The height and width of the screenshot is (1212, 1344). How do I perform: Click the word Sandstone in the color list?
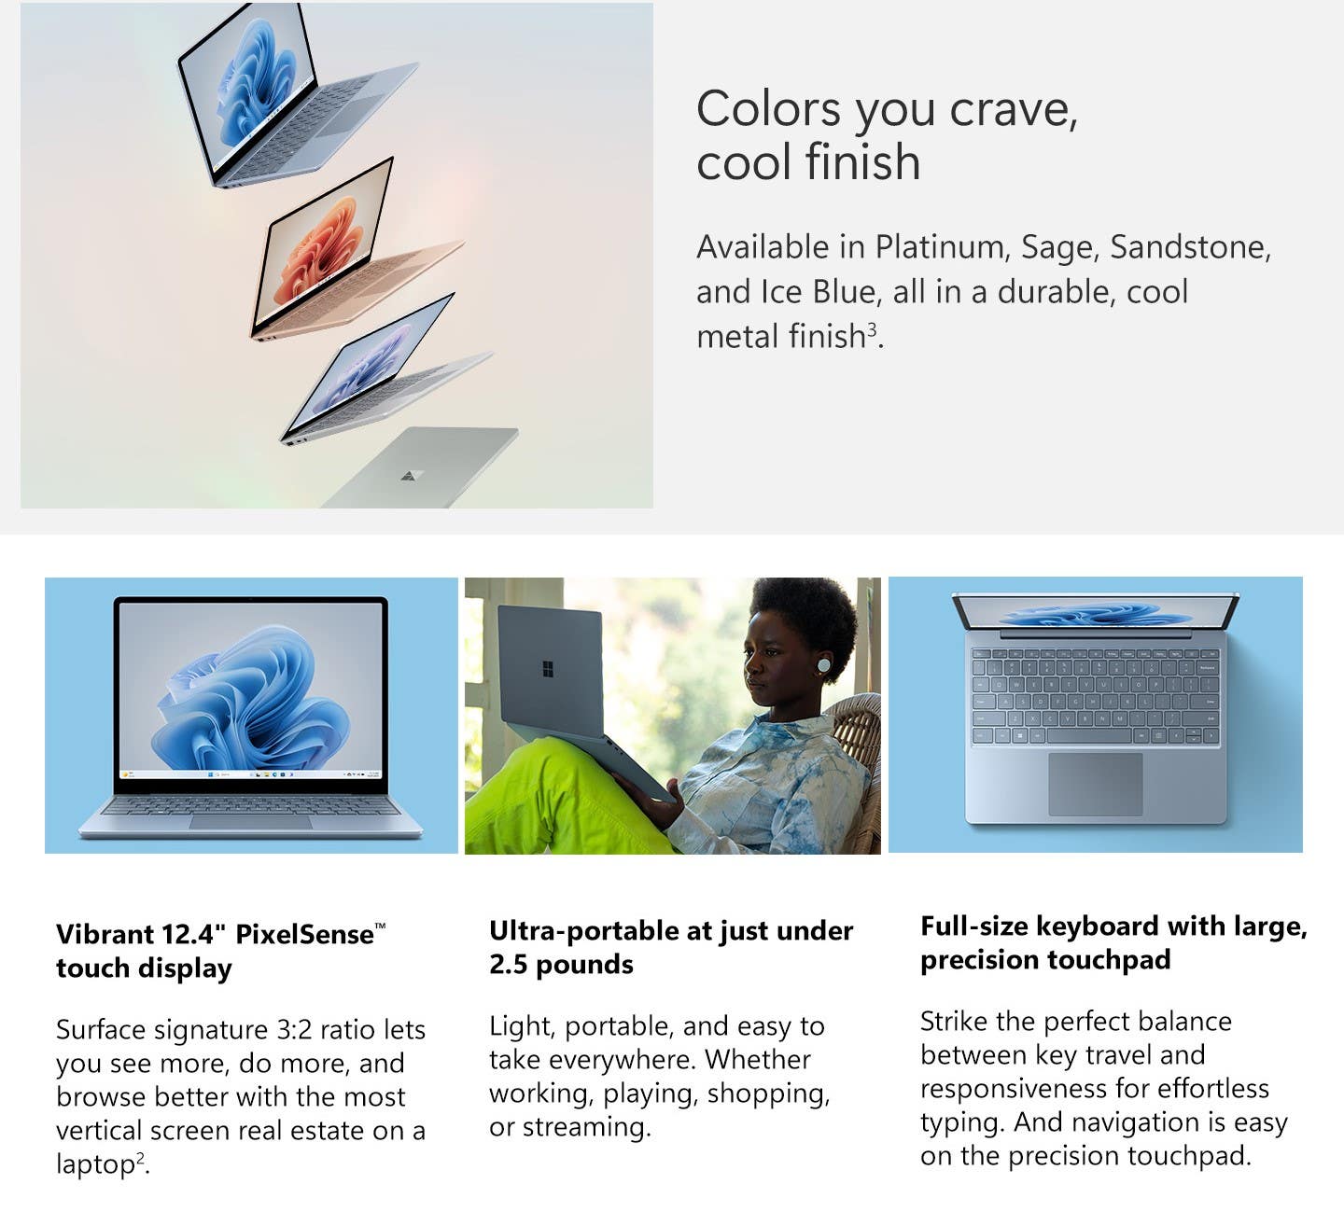[1190, 246]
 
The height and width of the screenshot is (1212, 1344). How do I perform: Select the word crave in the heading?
[1013, 110]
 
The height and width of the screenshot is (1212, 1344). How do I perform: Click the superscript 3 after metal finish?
[872, 328]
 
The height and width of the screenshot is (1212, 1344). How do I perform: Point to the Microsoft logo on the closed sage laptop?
[410, 475]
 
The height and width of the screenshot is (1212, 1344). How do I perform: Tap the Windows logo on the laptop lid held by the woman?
[547, 669]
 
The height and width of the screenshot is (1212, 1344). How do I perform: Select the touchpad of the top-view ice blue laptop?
[1095, 784]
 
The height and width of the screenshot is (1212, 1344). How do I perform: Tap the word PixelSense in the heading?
[304, 934]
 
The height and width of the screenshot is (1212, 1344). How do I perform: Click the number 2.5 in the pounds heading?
[509, 965]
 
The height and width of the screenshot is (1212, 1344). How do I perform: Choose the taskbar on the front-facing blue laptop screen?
[250, 773]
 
